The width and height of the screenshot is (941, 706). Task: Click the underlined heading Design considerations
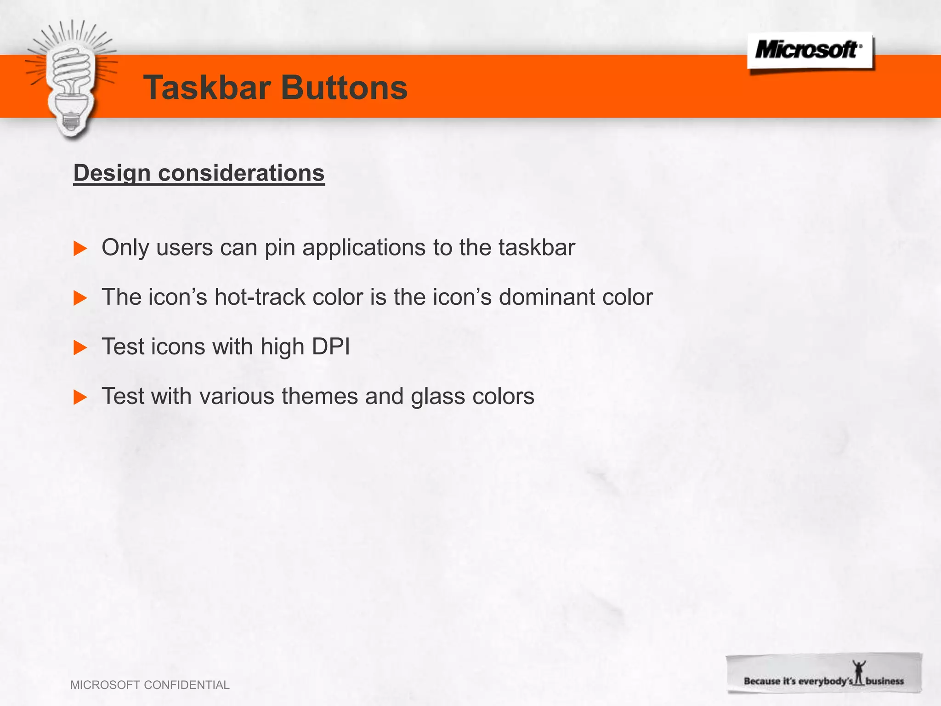point(199,173)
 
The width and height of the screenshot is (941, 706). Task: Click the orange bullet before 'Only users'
point(80,249)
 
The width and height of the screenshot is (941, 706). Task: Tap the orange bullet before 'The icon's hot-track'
point(80,298)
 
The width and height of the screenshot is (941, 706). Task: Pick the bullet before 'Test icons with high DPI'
point(80,348)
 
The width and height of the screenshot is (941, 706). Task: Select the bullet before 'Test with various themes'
point(80,397)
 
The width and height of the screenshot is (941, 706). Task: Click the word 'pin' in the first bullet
point(279,248)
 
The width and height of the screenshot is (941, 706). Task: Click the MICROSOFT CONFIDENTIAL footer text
point(150,685)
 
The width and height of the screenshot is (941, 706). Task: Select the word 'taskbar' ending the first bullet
point(537,248)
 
